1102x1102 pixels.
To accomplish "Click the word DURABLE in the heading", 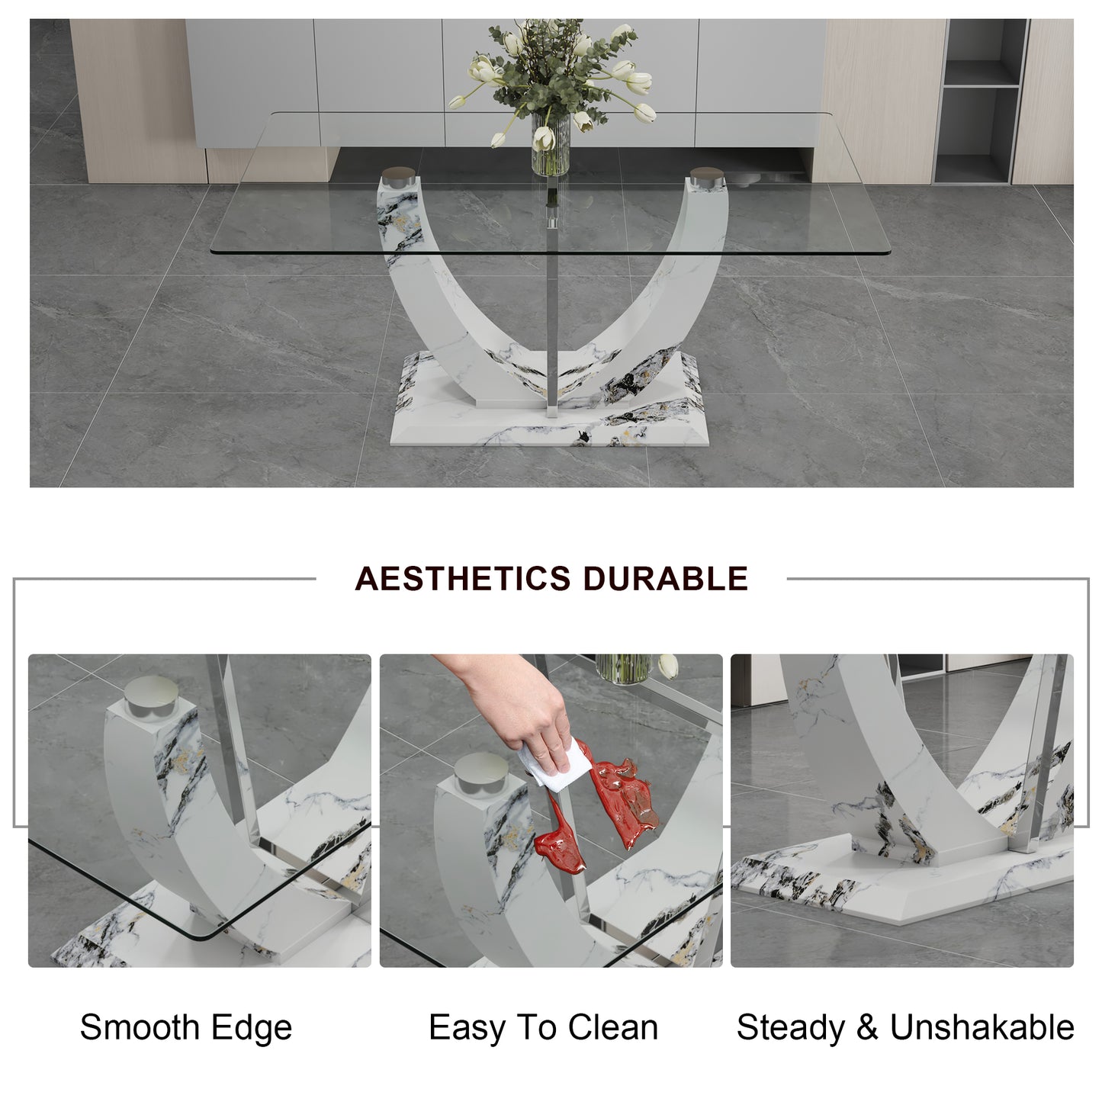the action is point(666,578).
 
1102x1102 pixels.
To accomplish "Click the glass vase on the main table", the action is point(550,144).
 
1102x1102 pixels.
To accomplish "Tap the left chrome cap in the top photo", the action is point(399,178).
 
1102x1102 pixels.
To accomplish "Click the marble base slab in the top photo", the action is point(549,400).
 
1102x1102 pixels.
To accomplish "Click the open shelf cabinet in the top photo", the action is point(982,101).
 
